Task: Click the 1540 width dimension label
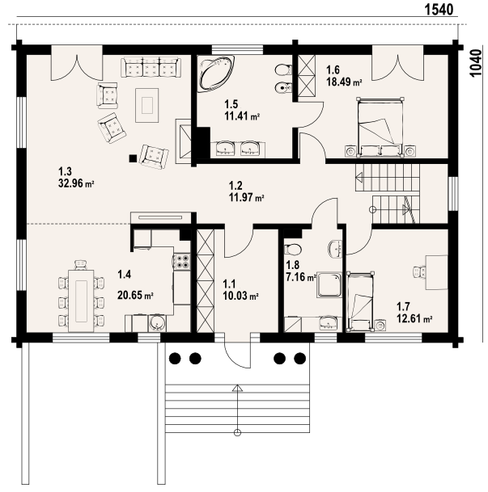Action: click(x=439, y=10)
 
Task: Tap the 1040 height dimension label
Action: click(x=475, y=62)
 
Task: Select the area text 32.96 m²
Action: click(x=76, y=183)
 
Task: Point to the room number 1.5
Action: click(x=231, y=104)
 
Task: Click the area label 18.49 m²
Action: click(x=344, y=82)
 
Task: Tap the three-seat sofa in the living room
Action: click(x=151, y=67)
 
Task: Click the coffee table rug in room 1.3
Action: click(x=147, y=105)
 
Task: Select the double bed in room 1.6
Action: click(x=380, y=127)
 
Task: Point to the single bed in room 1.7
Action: click(x=360, y=301)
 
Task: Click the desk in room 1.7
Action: click(x=436, y=272)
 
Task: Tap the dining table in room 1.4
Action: click(x=81, y=301)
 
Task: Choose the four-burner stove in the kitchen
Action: click(x=182, y=261)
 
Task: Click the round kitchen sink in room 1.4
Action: click(x=156, y=322)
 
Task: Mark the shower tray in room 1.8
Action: click(x=329, y=285)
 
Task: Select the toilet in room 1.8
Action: click(x=292, y=250)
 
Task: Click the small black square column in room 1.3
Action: click(x=133, y=158)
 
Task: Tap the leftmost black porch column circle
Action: click(x=175, y=358)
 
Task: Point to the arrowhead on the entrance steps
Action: click(x=238, y=388)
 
